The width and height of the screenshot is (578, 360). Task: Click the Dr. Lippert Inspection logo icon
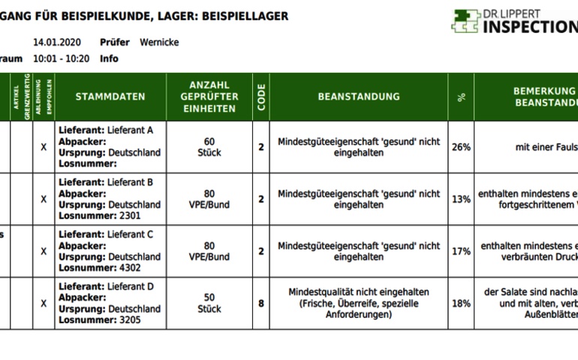[465, 21]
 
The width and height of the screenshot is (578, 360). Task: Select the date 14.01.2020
[57, 43]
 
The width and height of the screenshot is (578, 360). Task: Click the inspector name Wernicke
[159, 43]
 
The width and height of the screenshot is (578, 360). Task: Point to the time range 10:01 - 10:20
[62, 58]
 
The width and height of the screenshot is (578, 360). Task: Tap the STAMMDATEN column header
[110, 97]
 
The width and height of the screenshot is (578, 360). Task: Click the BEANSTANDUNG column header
[359, 97]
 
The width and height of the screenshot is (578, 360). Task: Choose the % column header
[461, 97]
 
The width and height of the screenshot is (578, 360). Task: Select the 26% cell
[461, 147]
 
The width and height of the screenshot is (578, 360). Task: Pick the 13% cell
[461, 199]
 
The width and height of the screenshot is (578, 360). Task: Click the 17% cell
[461, 251]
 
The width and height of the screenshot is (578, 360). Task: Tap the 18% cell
[461, 304]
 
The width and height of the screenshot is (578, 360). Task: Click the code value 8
[261, 304]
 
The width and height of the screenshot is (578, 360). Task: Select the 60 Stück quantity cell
[209, 147]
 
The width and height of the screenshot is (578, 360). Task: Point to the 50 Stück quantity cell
[209, 304]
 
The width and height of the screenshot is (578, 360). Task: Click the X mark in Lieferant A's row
[44, 147]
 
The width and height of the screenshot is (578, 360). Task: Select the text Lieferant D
[131, 286]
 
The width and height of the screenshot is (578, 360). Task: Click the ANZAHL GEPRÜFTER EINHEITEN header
[209, 97]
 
